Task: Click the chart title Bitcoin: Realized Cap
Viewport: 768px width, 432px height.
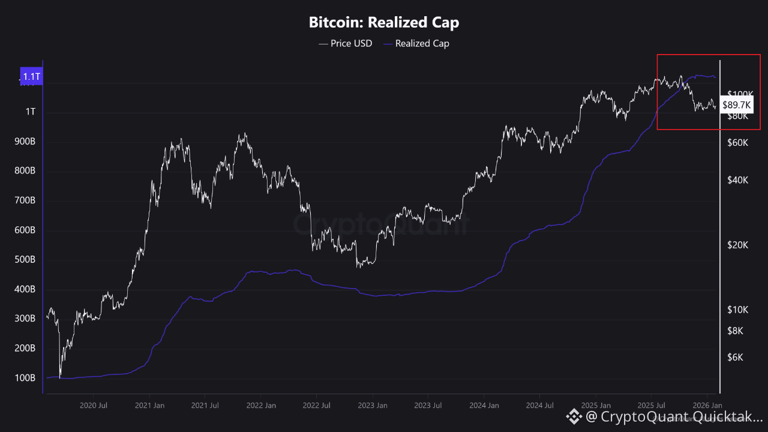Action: click(x=384, y=23)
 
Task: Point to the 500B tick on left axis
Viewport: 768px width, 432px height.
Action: click(x=25, y=260)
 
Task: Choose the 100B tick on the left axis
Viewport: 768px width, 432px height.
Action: click(x=25, y=378)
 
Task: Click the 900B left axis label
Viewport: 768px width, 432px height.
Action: click(x=25, y=142)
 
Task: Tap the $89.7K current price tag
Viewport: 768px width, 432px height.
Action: click(x=737, y=104)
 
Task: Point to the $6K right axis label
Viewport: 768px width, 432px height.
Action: click(x=735, y=358)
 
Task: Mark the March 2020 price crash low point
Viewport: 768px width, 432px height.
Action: click(x=60, y=377)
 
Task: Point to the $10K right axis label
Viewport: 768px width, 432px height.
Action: click(x=737, y=310)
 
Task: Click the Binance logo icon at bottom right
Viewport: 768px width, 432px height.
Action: click(x=574, y=416)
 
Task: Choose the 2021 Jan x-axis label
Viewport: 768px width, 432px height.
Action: click(x=150, y=406)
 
